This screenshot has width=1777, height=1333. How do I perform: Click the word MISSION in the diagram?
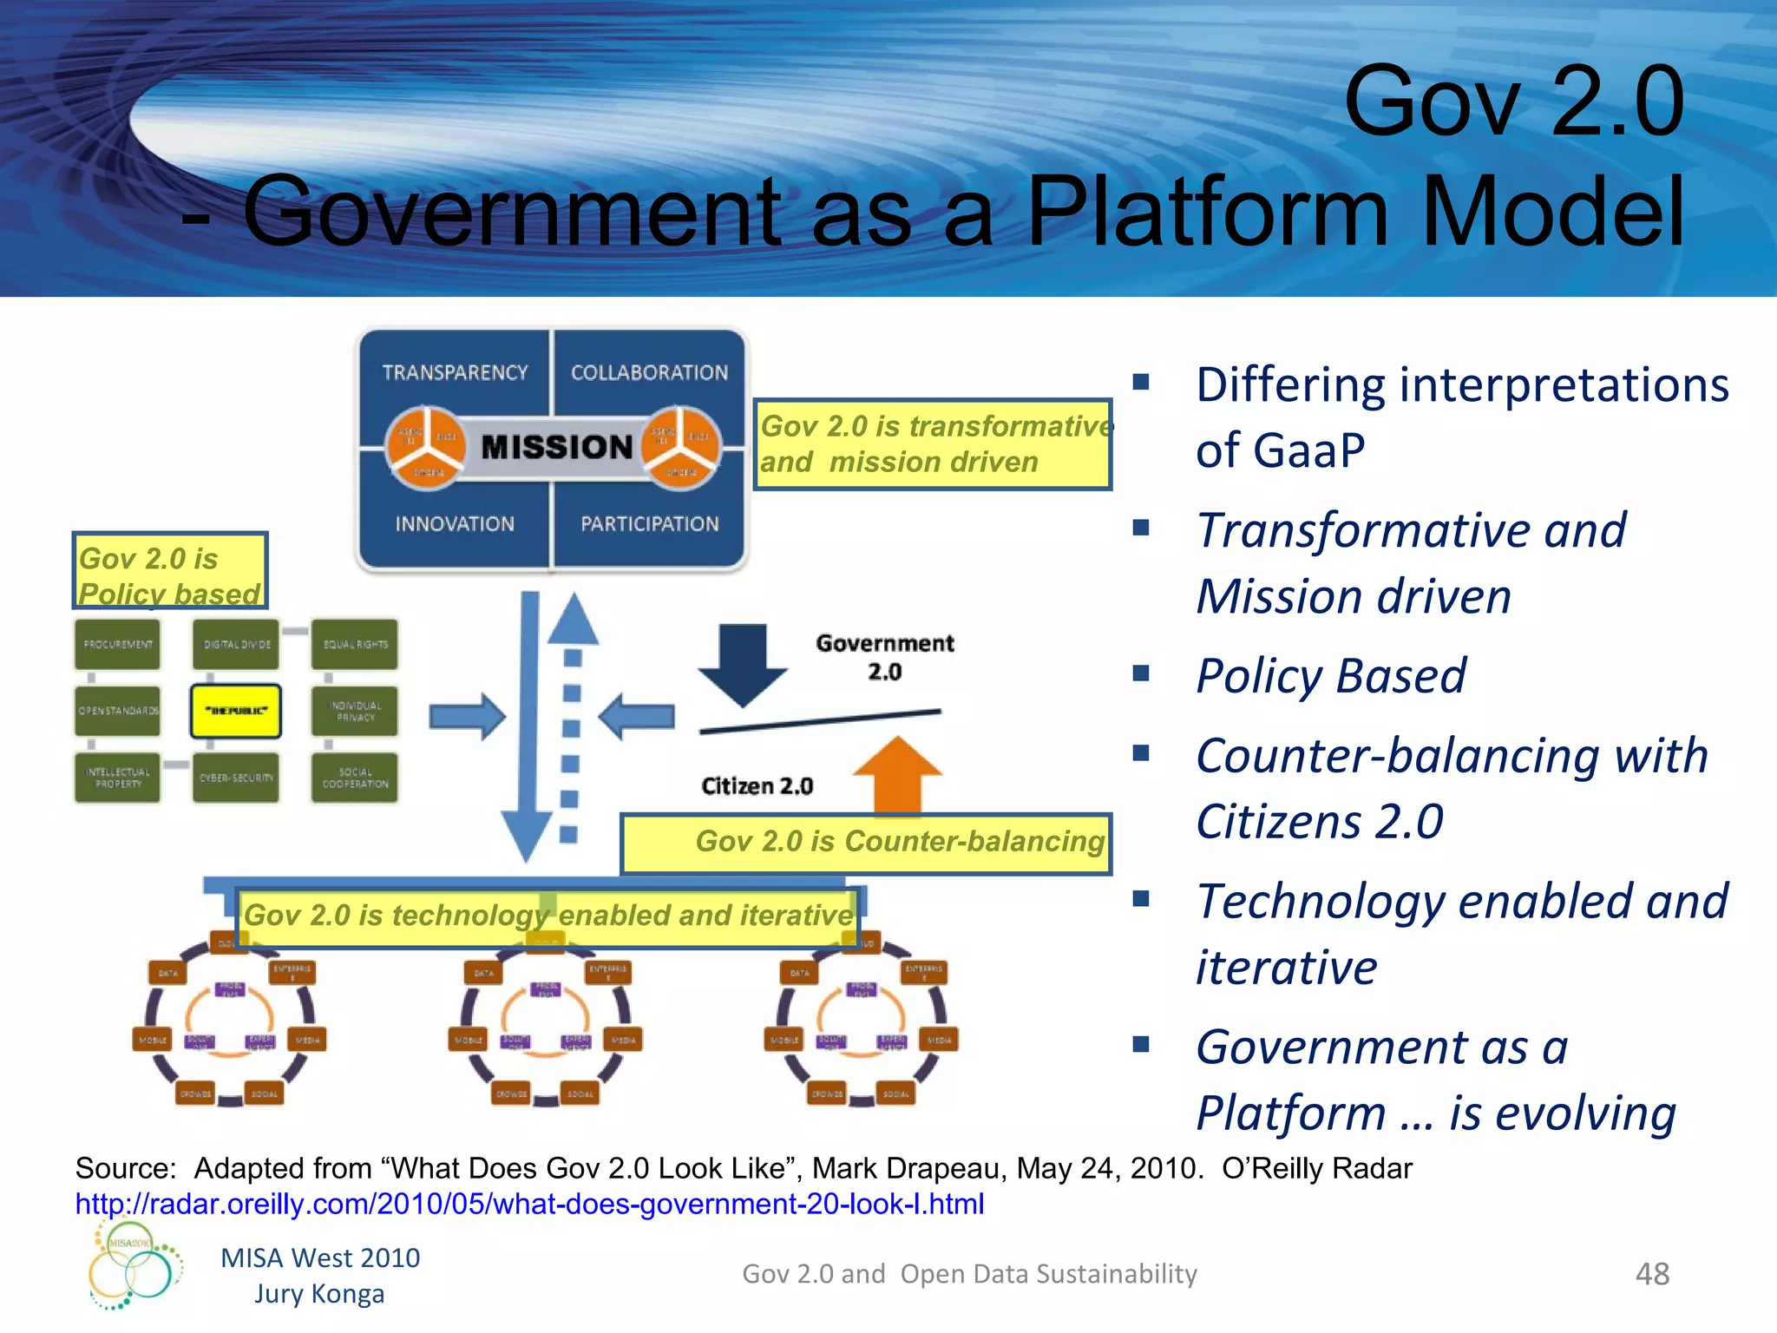[556, 447]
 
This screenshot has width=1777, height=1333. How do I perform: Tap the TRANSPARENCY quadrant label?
[455, 372]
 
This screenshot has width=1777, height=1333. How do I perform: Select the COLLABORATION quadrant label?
[649, 372]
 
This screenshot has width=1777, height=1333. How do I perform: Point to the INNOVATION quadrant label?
[455, 524]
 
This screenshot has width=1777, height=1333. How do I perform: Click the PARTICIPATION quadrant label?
[650, 524]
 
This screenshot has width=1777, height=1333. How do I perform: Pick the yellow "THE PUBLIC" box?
[236, 711]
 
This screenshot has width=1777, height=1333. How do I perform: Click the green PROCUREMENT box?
[118, 644]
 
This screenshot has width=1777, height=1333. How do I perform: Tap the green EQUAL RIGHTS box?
[355, 644]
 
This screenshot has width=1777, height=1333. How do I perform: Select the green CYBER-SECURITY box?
[236, 778]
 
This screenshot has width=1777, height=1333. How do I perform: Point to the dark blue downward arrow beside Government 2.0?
[743, 661]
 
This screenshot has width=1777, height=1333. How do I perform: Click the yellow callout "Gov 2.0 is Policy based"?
[170, 571]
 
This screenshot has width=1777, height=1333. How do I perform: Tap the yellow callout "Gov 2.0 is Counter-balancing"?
[866, 843]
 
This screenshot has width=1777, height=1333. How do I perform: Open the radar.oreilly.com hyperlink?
[529, 1204]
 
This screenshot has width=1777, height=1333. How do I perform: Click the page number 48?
[1652, 1274]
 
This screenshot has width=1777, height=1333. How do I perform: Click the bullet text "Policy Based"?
[1330, 675]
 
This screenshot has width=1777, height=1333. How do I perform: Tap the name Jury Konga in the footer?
[319, 1294]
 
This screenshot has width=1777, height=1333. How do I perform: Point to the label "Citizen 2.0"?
[757, 786]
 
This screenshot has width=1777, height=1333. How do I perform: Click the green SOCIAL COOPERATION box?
[355, 778]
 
